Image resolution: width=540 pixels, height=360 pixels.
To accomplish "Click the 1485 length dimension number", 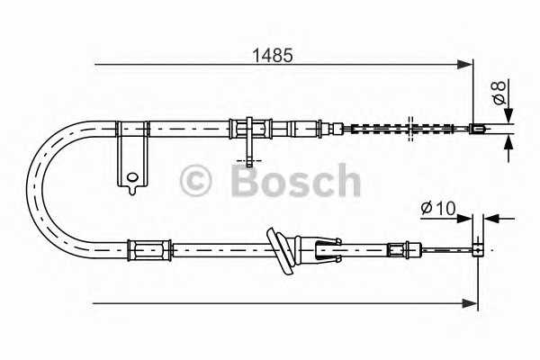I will (274, 54).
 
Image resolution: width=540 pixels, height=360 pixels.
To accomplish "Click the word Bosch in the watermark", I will (295, 182).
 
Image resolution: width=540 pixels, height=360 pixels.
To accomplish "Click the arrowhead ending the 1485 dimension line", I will (466, 64).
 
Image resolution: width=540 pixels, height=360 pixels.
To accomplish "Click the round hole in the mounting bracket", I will (133, 177).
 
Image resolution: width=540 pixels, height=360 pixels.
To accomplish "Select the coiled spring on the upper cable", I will (378, 128).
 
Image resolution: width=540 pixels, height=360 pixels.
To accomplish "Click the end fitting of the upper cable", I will (479, 128).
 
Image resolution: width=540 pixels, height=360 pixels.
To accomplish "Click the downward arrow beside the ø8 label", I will (508, 114).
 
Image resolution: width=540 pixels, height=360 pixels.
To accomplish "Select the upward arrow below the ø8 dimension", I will (508, 141).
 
